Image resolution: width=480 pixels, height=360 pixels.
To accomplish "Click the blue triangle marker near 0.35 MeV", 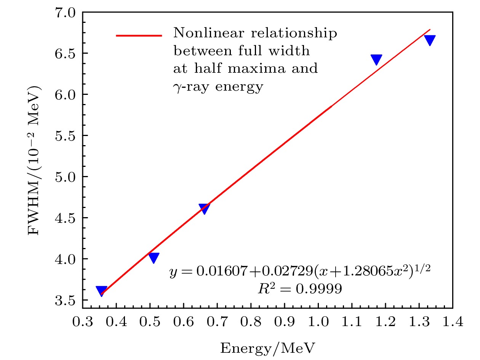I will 101,291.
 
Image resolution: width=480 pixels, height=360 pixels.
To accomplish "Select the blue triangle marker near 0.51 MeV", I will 154,258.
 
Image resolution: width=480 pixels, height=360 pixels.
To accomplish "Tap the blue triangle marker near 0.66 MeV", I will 205,208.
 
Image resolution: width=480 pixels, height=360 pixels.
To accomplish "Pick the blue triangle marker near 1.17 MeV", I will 376,59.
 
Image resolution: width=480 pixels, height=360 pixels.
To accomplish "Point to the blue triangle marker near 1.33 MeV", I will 430,40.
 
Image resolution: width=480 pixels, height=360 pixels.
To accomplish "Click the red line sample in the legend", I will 139,35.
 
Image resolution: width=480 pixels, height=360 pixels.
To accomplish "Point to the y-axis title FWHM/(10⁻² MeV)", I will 35,160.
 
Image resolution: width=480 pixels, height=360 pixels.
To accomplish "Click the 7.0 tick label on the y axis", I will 66,13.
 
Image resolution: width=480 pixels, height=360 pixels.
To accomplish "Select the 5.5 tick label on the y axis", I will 66,136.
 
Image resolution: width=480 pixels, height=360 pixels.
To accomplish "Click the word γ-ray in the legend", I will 190,87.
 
